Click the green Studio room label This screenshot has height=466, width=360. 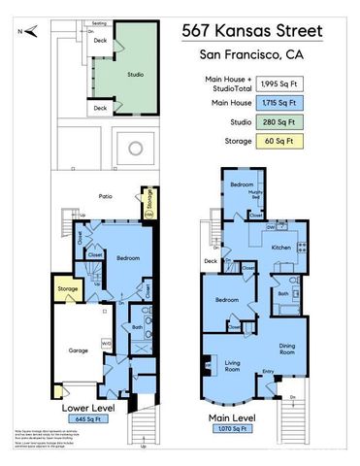tap(136, 74)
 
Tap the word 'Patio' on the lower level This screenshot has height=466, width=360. tap(105, 196)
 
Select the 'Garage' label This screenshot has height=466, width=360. tap(79, 349)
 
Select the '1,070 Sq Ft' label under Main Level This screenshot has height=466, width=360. tap(250, 426)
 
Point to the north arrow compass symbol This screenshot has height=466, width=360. tap(33, 32)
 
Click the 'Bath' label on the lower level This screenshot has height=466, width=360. tap(138, 327)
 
